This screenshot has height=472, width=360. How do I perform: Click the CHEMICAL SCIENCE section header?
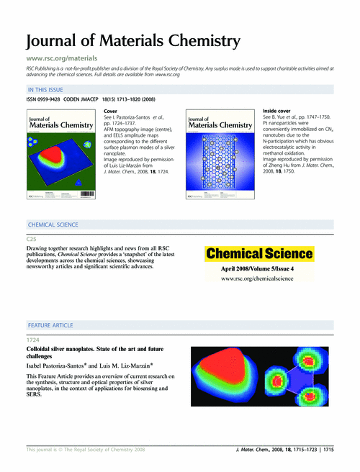[x=58, y=225]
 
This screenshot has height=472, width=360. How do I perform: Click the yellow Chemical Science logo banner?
[x=260, y=253]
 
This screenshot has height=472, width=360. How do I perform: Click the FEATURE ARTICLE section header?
[x=50, y=325]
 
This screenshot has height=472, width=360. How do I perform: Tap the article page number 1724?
[x=34, y=337]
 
